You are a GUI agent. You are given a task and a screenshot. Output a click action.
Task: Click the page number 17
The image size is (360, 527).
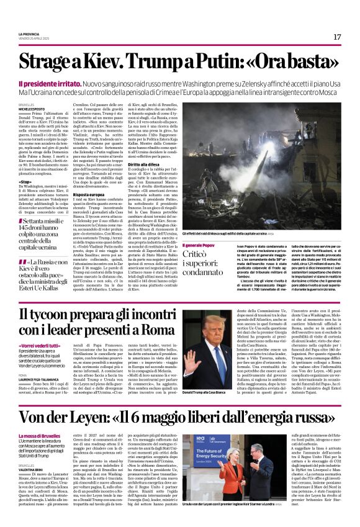coord(337,37)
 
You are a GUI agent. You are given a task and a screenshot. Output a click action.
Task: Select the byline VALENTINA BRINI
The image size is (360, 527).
coord(32,469)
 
